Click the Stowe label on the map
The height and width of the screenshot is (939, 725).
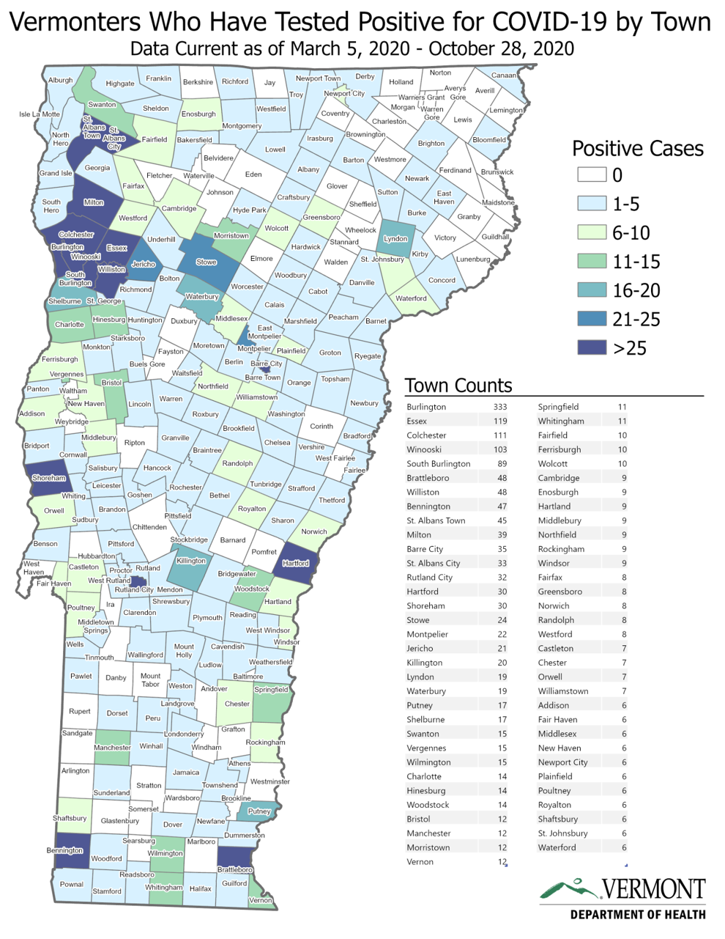(x=207, y=262)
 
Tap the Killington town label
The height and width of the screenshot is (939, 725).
(x=191, y=561)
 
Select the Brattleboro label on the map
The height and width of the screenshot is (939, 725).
(x=234, y=869)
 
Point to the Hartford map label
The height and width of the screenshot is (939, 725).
(x=295, y=563)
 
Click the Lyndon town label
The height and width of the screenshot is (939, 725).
(x=395, y=238)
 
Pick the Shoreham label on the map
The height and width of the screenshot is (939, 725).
(x=48, y=478)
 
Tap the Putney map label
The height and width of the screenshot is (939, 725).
(x=259, y=811)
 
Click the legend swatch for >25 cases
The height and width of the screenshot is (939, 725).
(x=592, y=347)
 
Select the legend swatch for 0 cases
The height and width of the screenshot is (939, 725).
(x=592, y=174)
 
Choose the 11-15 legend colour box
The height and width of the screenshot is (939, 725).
(x=592, y=261)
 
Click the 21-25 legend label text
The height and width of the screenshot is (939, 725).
(x=636, y=319)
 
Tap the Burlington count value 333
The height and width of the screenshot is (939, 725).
(x=500, y=407)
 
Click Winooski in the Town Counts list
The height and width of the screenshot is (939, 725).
(x=424, y=449)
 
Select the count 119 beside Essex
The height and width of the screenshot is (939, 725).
(x=500, y=421)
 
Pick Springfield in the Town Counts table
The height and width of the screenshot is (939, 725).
(x=558, y=407)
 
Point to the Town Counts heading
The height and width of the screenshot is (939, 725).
(x=458, y=386)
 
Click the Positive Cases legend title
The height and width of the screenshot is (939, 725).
(x=637, y=149)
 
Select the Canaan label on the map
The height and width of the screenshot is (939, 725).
(x=504, y=75)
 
